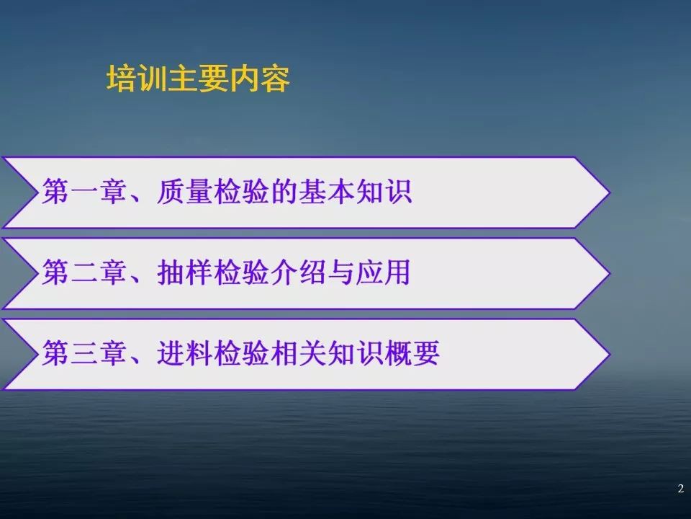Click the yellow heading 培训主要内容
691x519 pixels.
pos(199,79)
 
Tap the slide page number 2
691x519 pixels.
pos(680,489)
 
